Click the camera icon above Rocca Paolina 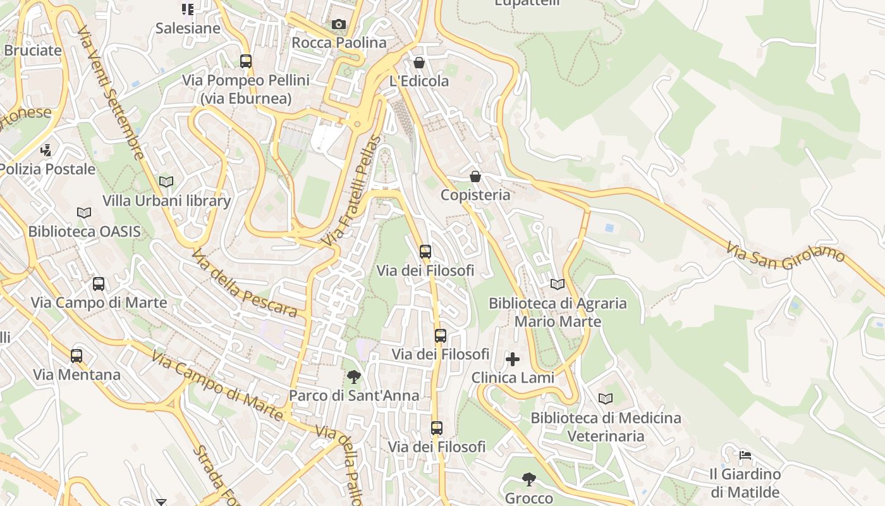coord(339,25)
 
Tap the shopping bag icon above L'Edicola coord(418,63)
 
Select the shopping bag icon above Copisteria coord(475,176)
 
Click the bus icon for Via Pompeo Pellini coord(246,61)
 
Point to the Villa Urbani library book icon coord(166,182)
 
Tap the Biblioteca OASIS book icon coord(84,213)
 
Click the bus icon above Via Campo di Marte coord(99,284)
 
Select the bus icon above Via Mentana coord(76,356)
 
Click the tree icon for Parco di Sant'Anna coord(354,377)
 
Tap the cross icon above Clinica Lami coord(513,360)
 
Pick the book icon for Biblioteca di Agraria coord(558,285)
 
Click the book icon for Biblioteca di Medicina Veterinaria coord(606,399)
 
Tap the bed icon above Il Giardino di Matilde coord(745,455)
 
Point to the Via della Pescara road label coord(244,283)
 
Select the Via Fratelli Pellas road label coord(351,191)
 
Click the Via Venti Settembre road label coord(111,92)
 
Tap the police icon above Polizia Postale coord(46,151)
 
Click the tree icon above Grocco coord(529,479)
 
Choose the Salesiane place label coord(188,28)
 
